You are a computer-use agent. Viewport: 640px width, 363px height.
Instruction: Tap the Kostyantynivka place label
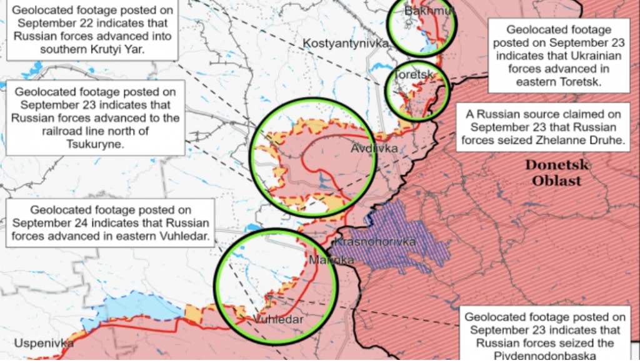coord(346,43)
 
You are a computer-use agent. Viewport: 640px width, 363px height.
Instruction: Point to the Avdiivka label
coord(374,149)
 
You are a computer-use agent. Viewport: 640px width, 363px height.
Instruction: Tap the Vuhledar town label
coord(278,320)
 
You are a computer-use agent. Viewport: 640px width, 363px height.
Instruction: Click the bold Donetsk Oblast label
coord(556,173)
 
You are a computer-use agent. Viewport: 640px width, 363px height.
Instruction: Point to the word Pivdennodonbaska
coord(543,357)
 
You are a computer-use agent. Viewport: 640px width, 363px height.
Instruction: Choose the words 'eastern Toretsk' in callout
coord(558,81)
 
